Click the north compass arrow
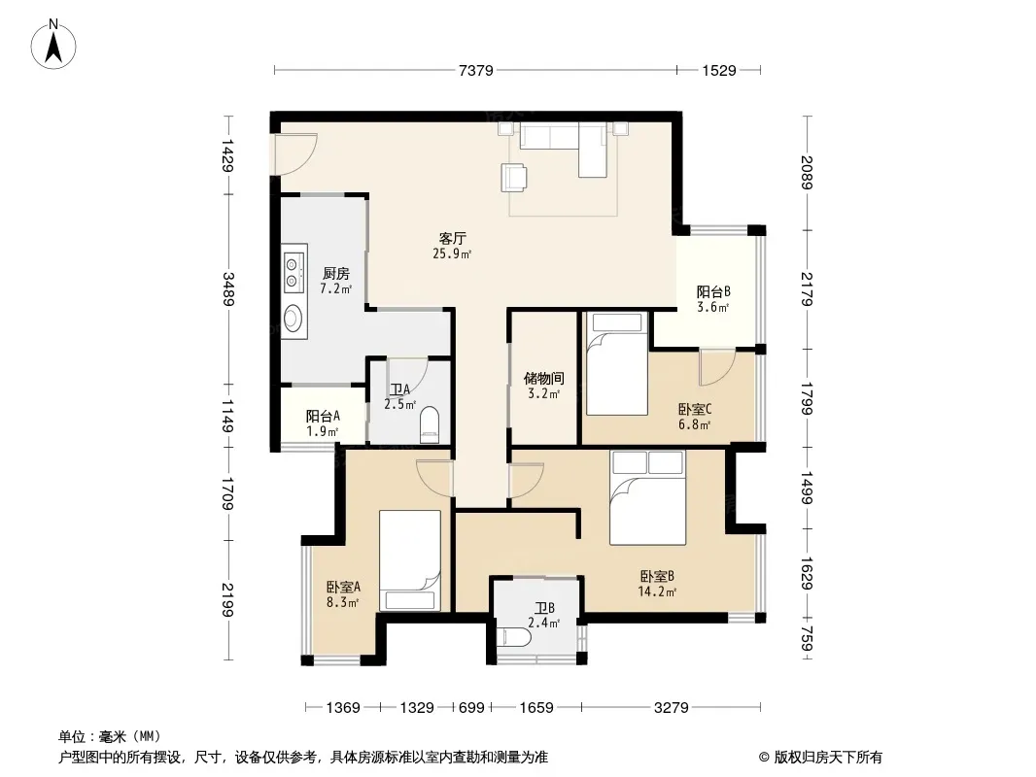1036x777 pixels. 53,48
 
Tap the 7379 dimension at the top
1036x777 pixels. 475,70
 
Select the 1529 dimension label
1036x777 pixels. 719,70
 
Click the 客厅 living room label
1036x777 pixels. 453,238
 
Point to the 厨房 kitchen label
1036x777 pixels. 335,273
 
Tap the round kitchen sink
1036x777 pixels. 292,319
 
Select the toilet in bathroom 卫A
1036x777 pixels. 430,423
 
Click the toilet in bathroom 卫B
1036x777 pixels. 515,637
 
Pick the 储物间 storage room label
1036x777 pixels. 544,378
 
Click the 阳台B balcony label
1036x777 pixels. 713,291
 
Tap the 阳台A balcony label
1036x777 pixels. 323,417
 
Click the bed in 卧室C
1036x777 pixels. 616,364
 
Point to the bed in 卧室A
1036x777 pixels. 410,560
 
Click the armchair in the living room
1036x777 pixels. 514,178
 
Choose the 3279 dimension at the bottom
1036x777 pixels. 672,708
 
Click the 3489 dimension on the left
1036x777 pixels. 228,289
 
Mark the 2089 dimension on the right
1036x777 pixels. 807,172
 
